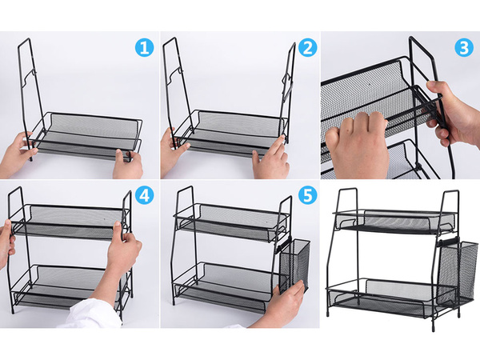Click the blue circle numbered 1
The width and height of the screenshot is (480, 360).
click(x=144, y=48)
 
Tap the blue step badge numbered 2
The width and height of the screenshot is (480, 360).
click(x=306, y=48)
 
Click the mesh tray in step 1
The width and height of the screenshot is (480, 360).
click(x=88, y=132)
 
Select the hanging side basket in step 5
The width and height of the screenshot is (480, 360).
click(x=294, y=264)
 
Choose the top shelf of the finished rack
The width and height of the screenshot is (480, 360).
click(x=396, y=220)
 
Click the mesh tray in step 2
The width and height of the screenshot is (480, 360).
click(x=232, y=130)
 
